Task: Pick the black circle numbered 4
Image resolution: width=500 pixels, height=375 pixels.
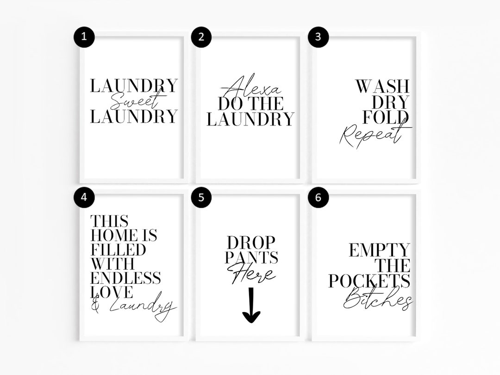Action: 84,197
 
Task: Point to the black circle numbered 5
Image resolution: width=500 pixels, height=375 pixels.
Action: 200,197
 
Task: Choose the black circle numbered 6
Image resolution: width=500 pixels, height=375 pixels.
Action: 318,197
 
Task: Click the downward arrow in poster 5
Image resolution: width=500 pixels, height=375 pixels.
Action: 251,306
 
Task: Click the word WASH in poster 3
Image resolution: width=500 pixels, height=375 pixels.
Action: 382,87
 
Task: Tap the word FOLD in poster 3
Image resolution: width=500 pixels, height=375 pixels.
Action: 386,118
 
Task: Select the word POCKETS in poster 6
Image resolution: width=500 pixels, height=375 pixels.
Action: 369,281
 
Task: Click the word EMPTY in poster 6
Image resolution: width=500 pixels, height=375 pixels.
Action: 379,250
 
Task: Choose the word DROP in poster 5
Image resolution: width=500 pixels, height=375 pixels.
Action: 251,242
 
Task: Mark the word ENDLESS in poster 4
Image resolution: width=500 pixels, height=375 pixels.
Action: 125,278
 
